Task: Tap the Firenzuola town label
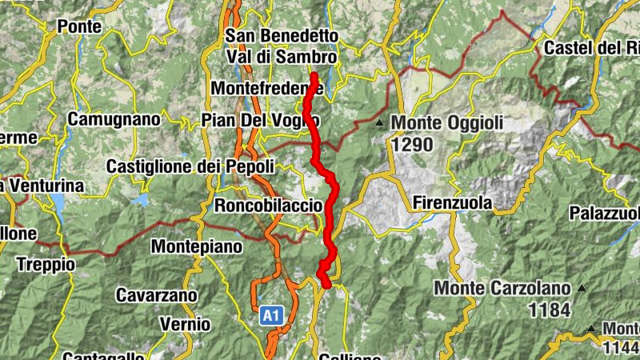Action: tap(453, 203)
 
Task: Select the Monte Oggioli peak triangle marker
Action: tap(379, 123)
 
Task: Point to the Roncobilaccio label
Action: tap(268, 206)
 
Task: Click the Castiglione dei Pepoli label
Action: tap(190, 167)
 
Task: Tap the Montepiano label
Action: tap(196, 246)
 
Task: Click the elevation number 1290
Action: tap(412, 145)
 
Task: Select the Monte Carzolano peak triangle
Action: tap(582, 288)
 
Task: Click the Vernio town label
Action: tap(185, 324)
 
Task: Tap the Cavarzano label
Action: tap(157, 295)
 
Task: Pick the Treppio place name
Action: tap(46, 264)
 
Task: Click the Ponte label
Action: tap(79, 26)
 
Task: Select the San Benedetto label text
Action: tap(282, 37)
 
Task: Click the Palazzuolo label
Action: tap(605, 214)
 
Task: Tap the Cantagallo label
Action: tap(103, 355)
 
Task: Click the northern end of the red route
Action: tap(314, 77)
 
